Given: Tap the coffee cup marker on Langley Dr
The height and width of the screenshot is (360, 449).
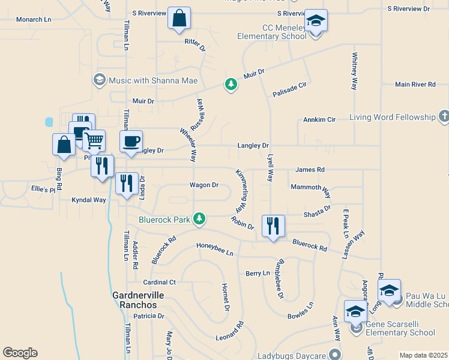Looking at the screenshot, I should [131, 142].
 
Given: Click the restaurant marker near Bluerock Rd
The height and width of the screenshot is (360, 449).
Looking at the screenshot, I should [273, 226].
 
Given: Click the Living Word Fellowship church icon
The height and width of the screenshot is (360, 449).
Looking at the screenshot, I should [444, 116].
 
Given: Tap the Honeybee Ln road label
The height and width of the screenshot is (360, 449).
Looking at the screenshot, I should [215, 246].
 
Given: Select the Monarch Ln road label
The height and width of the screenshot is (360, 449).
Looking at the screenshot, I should [34, 20].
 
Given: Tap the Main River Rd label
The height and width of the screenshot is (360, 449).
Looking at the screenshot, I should [415, 85].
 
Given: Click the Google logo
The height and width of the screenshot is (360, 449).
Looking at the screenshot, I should [20, 353].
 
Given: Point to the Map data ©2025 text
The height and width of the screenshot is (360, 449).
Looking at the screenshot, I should [423, 355].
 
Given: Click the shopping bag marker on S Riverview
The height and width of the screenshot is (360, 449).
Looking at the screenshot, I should [179, 19].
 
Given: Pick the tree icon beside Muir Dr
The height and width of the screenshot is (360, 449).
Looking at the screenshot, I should [231, 84].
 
